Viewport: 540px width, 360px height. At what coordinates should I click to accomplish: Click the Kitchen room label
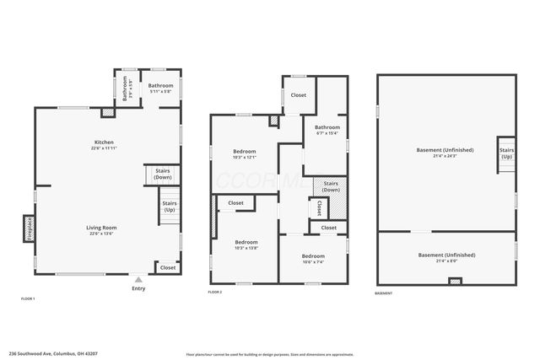coord(105,142)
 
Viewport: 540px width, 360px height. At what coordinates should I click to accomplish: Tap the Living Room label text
coord(101,228)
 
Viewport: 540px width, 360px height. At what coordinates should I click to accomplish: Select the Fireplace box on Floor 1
coord(28,228)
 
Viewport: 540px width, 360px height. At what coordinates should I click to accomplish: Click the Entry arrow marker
coord(138,277)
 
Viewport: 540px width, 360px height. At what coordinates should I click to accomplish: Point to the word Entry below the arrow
coord(138,288)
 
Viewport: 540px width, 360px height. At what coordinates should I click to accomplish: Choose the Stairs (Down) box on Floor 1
coord(162,174)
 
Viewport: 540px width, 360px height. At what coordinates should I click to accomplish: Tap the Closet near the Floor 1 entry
coord(168,267)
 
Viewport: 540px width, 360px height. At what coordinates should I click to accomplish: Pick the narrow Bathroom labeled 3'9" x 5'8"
coord(125,89)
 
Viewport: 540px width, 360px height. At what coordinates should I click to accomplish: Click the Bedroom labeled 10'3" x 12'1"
coord(245,153)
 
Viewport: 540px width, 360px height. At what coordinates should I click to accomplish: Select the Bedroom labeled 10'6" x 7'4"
coord(313,258)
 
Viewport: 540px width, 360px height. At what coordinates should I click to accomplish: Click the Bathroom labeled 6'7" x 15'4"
coord(327,130)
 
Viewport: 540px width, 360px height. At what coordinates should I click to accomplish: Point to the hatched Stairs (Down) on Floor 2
coord(331,186)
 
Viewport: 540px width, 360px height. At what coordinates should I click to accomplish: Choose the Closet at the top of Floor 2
coord(299,95)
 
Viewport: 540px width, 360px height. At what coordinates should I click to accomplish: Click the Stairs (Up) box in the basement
coord(506,153)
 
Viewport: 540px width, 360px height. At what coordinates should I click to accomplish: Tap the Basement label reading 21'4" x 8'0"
coord(446,257)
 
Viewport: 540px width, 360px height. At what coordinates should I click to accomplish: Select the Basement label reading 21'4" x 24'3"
coord(445,153)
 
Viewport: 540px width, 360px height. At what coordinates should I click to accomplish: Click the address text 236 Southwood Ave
coord(50,353)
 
